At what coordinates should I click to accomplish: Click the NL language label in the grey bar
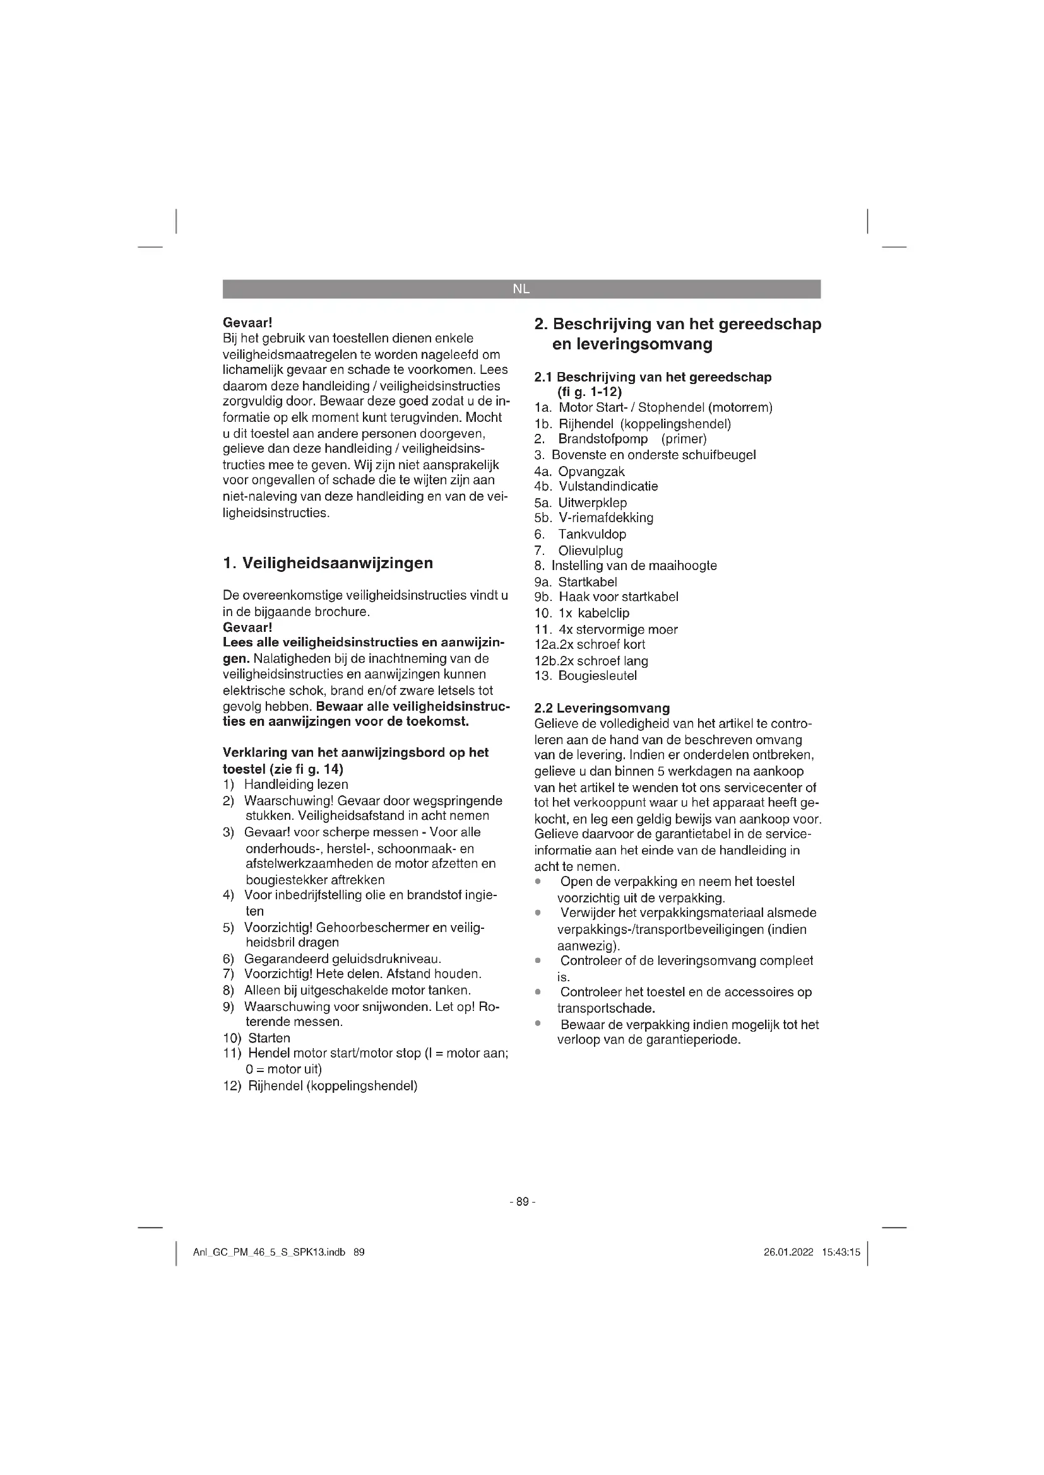521,289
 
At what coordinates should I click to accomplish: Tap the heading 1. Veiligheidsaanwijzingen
328,563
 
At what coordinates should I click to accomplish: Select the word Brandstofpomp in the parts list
602,439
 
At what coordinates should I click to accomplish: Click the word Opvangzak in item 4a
591,472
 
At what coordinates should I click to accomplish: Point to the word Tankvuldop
591,534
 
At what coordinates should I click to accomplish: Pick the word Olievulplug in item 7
590,551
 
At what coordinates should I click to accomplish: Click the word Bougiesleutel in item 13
597,676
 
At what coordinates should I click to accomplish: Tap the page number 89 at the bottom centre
522,1202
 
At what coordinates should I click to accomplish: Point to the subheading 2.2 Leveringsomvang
602,708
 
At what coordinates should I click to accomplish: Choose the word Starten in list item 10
269,1038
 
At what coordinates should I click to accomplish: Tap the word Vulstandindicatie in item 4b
608,486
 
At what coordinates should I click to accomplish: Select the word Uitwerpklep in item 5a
592,503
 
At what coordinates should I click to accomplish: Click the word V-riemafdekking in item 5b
605,518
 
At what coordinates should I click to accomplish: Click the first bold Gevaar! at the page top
247,322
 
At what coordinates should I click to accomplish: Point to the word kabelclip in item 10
603,613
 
